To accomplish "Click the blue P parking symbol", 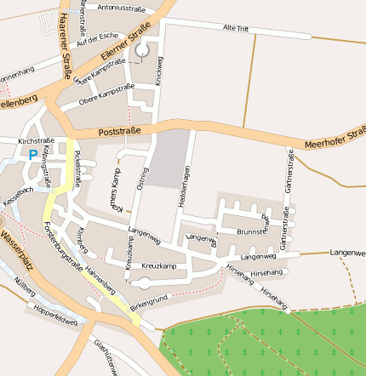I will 33,155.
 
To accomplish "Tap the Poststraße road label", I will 118,132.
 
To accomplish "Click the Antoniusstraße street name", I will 122,8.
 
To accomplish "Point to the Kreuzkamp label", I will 158,266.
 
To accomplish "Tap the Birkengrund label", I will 148,301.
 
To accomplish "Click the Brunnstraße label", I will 254,231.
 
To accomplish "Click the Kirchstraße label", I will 36,140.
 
